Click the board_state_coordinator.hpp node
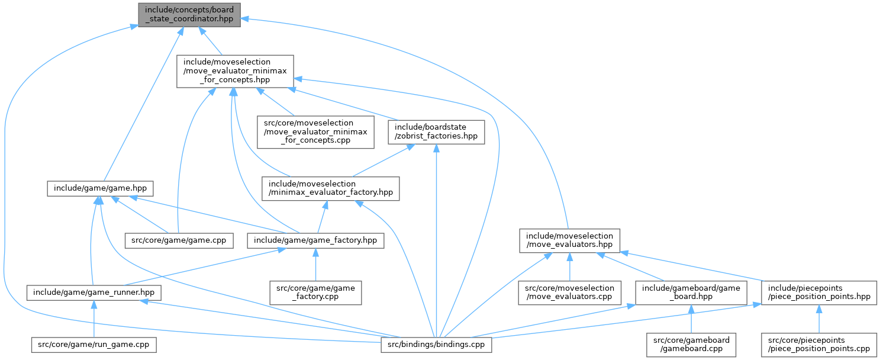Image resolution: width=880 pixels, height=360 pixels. (x=189, y=14)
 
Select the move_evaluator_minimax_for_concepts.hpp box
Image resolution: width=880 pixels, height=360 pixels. (x=236, y=71)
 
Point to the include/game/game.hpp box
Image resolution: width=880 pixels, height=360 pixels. (x=101, y=189)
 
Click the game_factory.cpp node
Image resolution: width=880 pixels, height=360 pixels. (x=315, y=292)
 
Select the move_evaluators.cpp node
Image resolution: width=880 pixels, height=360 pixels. (x=569, y=292)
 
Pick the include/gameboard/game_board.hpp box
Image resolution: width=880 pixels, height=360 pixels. (x=691, y=292)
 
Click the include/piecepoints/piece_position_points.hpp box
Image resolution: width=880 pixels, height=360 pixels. (x=819, y=292)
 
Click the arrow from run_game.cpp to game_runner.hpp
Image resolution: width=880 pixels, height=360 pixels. (x=94, y=320)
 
